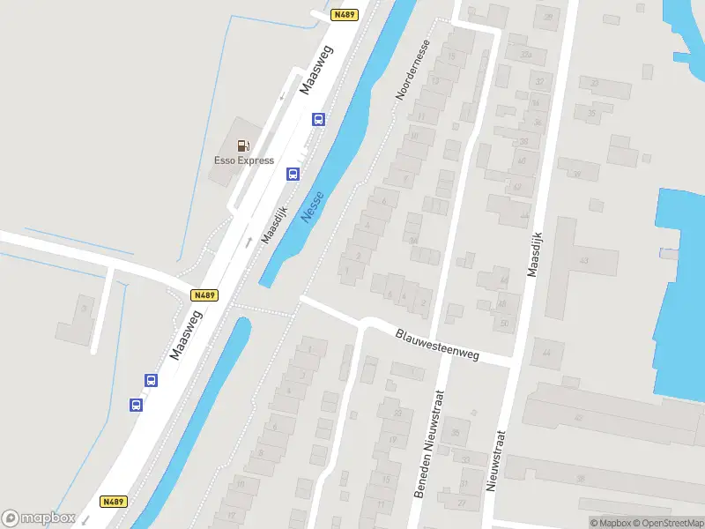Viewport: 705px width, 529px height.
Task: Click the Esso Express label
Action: [x=244, y=160]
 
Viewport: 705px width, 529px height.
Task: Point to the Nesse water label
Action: [x=313, y=206]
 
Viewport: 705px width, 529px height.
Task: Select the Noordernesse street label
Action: [x=413, y=70]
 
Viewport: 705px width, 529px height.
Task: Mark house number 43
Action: [x=583, y=260]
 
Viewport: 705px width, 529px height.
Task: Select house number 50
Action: [x=503, y=324]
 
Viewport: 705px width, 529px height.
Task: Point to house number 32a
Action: [x=526, y=55]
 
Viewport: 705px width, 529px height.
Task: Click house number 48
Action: [x=502, y=303]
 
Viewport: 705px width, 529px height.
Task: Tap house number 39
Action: [x=578, y=175]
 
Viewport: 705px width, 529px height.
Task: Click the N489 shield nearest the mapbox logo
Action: [x=115, y=501]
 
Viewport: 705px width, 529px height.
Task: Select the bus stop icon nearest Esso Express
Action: [x=291, y=174]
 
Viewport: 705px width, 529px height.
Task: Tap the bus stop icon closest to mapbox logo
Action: [x=137, y=405]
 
